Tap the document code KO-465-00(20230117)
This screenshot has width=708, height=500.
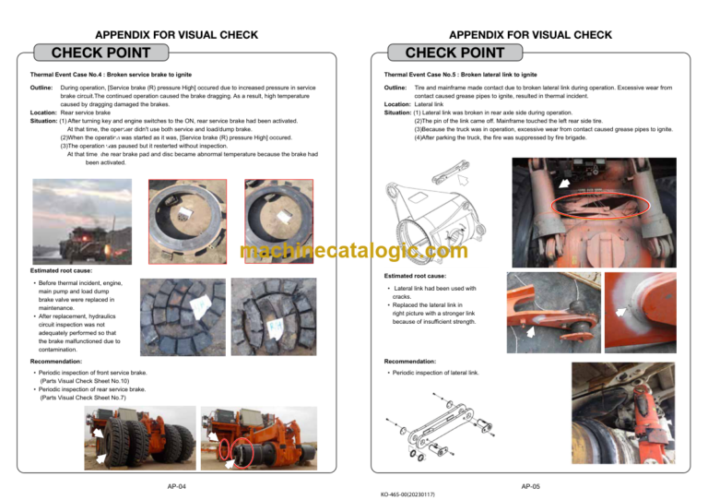coord(407,494)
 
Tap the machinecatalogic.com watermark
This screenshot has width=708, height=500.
coord(353,249)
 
